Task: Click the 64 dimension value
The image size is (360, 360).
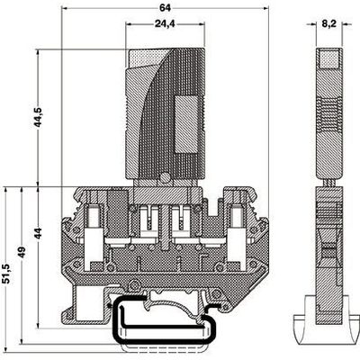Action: [x=165, y=8]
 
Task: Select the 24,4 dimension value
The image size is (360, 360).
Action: [x=165, y=23]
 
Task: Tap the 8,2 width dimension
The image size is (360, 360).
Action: [x=329, y=24]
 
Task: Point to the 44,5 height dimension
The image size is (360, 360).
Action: [x=39, y=117]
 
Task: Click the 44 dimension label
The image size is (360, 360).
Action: [x=39, y=233]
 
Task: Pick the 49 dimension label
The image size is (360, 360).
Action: [x=22, y=254]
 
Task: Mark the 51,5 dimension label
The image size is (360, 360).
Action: [x=6, y=273]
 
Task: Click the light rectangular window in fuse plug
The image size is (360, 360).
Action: [x=186, y=123]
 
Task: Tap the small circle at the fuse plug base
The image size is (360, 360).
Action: [x=165, y=177]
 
